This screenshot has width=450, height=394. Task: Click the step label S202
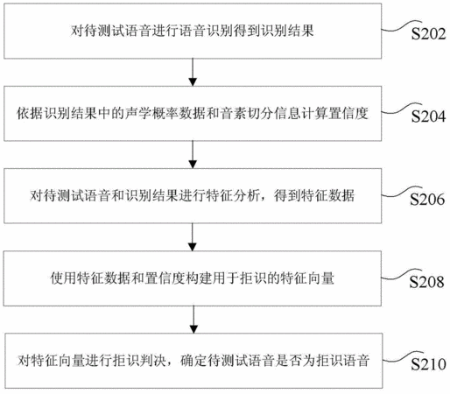pyautogui.click(x=428, y=34)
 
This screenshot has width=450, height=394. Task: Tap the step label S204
pyautogui.click(x=428, y=116)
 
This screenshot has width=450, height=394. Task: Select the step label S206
pyautogui.click(x=427, y=200)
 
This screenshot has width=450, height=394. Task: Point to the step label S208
pyautogui.click(x=426, y=282)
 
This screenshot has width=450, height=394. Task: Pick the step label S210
pyautogui.click(x=428, y=364)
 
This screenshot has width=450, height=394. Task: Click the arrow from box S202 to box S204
pyautogui.click(x=193, y=72)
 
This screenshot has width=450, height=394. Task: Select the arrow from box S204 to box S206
pyautogui.click(x=193, y=155)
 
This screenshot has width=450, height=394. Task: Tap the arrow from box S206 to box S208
pyautogui.click(x=193, y=237)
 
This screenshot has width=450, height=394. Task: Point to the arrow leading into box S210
pyautogui.click(x=193, y=320)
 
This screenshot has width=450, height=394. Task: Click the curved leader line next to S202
pyautogui.click(x=402, y=26)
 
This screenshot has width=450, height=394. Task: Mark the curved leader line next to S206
pyautogui.click(x=402, y=192)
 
